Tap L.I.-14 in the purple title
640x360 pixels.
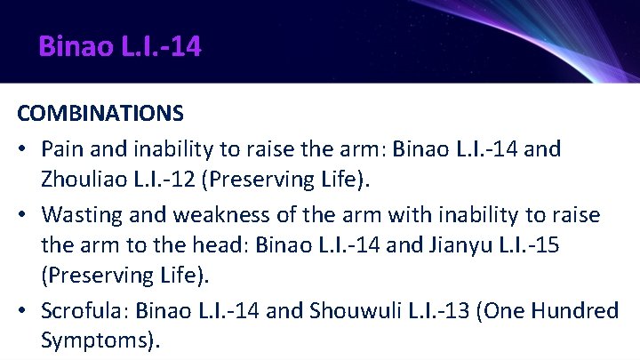164,46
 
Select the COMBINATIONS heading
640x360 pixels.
100,114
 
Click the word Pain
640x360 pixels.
61,148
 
